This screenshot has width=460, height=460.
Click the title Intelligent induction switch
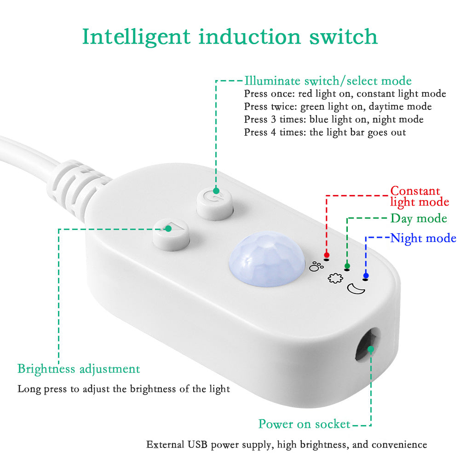click(x=230, y=37)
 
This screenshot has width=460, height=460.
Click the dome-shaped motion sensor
click(x=267, y=259)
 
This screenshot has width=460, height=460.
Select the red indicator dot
click(x=327, y=255)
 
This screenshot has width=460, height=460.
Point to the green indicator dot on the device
click(x=347, y=266)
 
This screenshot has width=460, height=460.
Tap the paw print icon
click(x=316, y=266)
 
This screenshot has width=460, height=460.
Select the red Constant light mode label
click(x=420, y=196)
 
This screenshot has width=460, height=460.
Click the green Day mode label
click(x=419, y=218)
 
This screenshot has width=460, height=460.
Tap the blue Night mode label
click(x=423, y=238)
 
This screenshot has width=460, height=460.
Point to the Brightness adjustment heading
click(x=79, y=369)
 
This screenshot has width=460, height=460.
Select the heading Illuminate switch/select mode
click(x=328, y=81)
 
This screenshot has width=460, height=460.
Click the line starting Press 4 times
click(x=325, y=132)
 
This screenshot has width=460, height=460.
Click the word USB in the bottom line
click(x=198, y=445)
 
